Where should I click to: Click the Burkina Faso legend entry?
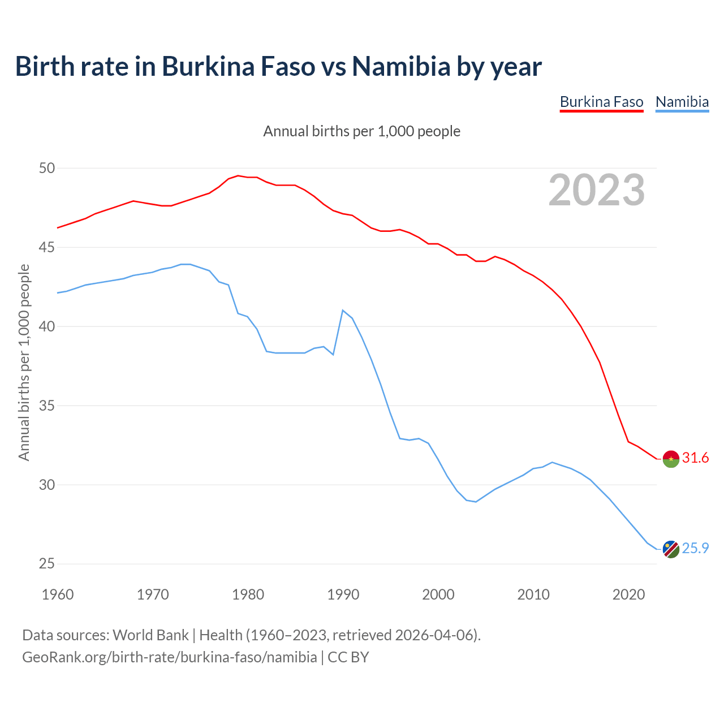point(601,102)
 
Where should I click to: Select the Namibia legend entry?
point(682,102)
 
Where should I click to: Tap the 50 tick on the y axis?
point(47,168)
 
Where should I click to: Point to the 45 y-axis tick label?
point(47,247)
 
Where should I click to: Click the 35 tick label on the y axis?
point(47,406)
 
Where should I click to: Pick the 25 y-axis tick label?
point(47,564)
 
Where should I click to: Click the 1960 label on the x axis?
point(58,594)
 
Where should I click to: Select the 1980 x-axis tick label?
point(248,594)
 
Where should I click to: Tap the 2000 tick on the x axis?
point(438,594)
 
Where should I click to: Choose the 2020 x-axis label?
point(628,594)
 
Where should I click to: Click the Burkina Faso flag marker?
point(671,459)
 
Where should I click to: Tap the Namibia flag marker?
point(671,549)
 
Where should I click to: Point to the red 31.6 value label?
point(695,458)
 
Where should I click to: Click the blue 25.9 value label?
point(695,548)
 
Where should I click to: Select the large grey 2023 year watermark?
point(597,190)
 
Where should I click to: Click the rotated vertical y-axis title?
point(24,362)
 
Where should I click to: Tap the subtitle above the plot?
point(362,131)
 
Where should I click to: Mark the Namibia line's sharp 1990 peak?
point(343,310)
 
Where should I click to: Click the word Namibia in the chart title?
point(401,66)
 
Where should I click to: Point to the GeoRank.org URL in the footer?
point(170,657)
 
